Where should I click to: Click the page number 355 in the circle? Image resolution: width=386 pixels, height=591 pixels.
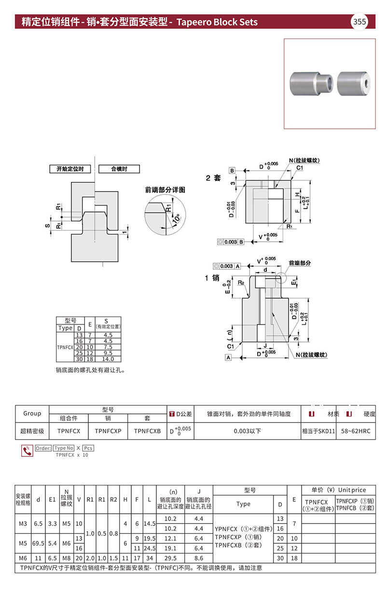359,22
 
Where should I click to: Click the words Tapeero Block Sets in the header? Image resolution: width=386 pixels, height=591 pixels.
217,22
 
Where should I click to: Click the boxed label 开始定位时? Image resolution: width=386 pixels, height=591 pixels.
70,169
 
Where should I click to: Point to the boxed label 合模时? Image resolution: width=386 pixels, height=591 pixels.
119,169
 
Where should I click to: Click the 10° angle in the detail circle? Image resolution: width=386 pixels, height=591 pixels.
174,219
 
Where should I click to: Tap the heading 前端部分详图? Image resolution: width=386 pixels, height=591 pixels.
165,190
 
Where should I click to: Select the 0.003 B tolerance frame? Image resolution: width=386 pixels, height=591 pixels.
231,242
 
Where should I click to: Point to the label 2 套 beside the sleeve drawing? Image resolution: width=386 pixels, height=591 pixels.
213,178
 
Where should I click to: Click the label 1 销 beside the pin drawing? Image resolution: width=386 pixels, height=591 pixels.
213,278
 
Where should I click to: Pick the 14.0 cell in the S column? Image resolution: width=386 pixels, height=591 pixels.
108,359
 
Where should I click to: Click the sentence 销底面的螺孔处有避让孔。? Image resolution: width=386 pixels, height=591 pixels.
91,371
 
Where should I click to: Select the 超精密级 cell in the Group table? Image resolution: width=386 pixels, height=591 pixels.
32,431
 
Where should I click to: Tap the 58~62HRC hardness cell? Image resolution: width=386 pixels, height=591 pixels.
356,431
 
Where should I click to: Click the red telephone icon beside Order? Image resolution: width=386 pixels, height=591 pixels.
28,451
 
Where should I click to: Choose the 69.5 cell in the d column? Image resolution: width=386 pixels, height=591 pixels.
39,543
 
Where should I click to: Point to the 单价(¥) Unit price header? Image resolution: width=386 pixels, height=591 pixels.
338,490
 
